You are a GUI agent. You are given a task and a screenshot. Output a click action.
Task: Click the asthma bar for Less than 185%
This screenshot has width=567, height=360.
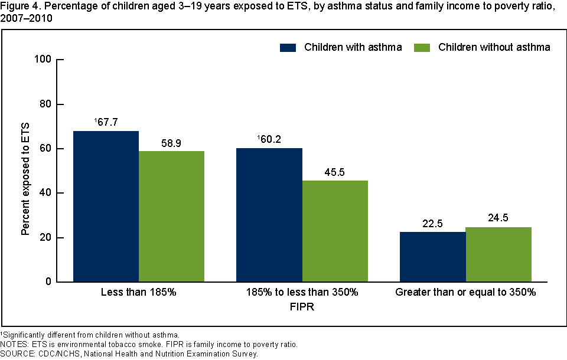106,207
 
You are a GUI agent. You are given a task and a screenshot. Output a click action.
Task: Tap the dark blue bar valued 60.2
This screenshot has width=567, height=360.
269,215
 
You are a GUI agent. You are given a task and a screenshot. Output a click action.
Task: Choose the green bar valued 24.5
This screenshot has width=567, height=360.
498,254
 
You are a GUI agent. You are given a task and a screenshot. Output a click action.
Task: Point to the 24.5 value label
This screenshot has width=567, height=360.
498,218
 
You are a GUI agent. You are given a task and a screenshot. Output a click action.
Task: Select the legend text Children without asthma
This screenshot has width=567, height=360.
494,47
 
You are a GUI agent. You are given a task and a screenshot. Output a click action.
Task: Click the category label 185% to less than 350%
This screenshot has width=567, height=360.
302,293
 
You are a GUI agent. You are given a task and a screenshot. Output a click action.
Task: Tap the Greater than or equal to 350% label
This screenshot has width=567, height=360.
465,293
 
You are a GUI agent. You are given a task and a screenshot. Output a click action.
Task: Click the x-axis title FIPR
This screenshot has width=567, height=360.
302,307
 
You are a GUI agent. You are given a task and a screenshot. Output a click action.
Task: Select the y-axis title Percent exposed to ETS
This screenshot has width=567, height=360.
25,171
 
